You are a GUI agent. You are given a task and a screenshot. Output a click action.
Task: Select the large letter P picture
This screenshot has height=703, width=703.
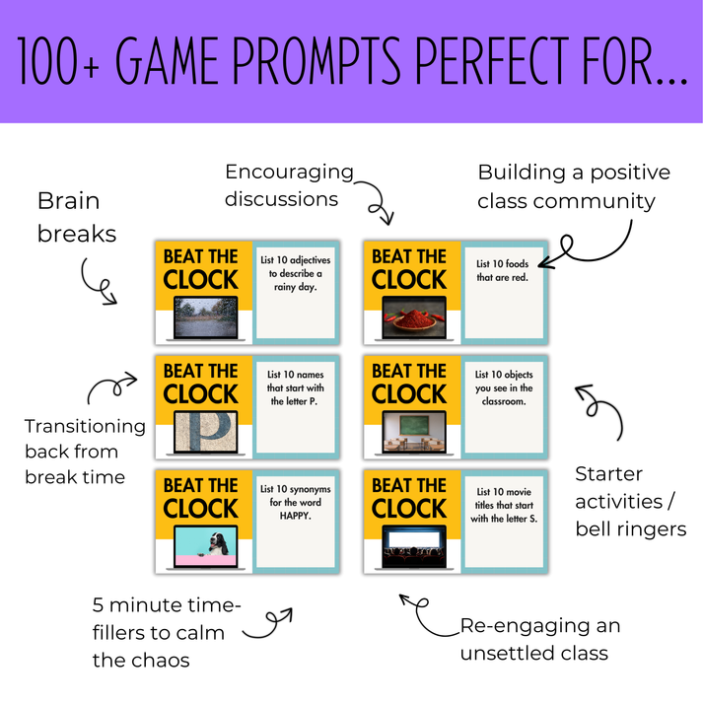click(x=206, y=432)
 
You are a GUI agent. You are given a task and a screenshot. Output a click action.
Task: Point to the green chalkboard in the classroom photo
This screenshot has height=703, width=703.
click(x=414, y=426)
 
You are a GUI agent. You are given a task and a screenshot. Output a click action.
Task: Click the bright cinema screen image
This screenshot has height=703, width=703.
click(x=414, y=539)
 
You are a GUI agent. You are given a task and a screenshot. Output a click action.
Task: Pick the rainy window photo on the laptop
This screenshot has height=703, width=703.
click(x=206, y=316)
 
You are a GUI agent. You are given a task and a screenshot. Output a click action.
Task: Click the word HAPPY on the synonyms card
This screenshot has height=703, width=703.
click(x=296, y=516)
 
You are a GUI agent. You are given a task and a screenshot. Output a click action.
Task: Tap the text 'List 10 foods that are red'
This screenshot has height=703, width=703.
click(x=502, y=270)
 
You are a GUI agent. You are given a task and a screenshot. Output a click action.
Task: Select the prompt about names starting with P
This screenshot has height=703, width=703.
click(x=296, y=387)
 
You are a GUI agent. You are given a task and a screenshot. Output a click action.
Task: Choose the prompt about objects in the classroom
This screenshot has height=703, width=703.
click(x=504, y=387)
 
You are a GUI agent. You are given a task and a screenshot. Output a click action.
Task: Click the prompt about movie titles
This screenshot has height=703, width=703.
click(x=504, y=505)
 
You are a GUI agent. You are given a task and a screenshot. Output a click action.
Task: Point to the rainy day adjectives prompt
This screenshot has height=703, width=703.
click(x=296, y=273)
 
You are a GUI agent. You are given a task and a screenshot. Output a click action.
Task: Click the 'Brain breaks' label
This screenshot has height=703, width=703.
click(x=77, y=217)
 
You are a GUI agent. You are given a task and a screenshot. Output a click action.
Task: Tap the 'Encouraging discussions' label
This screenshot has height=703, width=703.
click(x=289, y=185)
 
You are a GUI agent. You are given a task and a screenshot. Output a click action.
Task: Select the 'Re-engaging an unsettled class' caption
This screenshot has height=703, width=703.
click(x=540, y=639)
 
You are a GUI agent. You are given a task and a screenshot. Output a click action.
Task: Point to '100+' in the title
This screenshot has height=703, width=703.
click(x=58, y=61)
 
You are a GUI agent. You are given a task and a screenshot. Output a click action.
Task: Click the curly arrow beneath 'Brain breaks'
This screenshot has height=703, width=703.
click(x=94, y=283)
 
